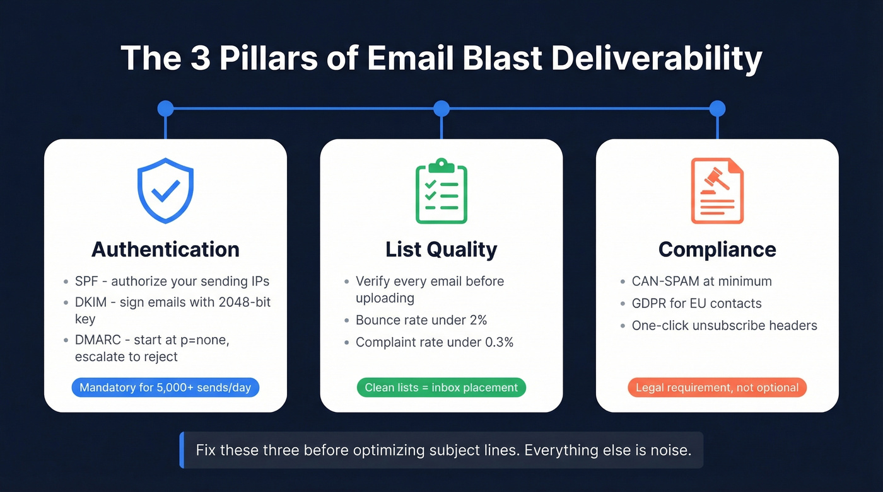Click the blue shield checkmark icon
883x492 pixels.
tap(165, 191)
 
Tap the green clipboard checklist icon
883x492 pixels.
tap(441, 192)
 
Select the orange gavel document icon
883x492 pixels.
tap(717, 191)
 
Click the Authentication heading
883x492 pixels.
tap(165, 249)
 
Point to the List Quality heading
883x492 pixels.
tap(441, 249)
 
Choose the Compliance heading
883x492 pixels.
tap(717, 249)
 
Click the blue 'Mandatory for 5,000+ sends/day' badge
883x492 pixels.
tap(165, 387)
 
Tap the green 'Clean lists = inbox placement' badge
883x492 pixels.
tap(441, 387)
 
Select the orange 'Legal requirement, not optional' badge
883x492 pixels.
tap(717, 387)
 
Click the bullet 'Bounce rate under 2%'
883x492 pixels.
tap(421, 320)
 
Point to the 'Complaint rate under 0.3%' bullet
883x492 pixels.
tap(434, 342)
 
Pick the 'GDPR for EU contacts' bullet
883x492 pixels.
tap(696, 304)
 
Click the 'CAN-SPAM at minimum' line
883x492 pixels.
tap(701, 281)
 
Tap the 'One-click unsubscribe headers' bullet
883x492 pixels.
tap(724, 326)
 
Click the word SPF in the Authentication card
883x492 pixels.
tap(87, 281)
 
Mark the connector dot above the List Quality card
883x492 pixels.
tap(441, 109)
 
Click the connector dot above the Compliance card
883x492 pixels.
tap(717, 109)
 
